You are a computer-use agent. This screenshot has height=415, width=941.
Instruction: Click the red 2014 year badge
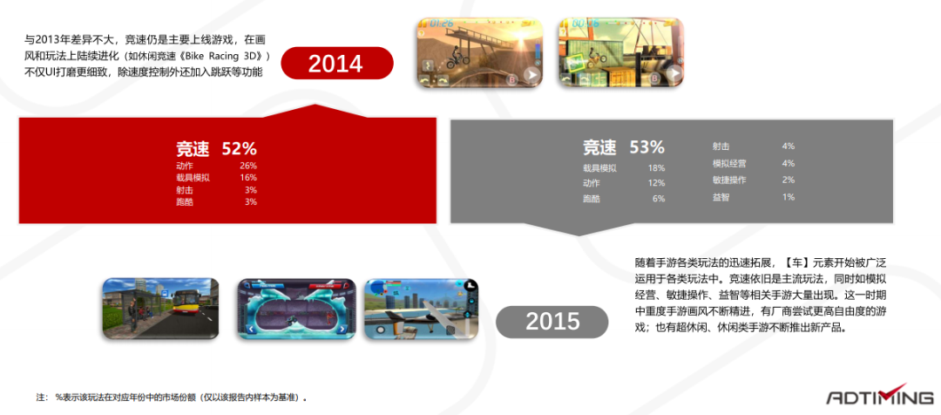[336, 63]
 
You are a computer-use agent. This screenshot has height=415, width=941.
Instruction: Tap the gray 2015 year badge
[552, 322]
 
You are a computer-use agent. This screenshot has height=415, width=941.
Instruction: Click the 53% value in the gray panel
[647, 147]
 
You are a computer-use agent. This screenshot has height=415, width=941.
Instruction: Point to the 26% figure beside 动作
[248, 166]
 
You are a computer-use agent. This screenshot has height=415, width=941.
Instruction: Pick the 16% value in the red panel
[248, 178]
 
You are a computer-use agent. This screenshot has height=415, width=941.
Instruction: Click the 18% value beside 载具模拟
[657, 169]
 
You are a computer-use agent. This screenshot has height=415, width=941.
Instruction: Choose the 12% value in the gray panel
[657, 183]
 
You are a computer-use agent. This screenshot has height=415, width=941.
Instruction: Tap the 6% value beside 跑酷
[659, 199]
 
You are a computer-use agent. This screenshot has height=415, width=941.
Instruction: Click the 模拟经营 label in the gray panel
[729, 163]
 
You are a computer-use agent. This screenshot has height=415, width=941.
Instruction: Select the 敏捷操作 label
[729, 180]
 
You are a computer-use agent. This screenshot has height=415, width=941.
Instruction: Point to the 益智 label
[721, 197]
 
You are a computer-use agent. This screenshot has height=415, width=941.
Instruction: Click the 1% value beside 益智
[789, 197]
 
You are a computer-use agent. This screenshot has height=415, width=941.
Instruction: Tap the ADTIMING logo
[880, 396]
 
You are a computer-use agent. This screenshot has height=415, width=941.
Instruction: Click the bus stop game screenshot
[160, 308]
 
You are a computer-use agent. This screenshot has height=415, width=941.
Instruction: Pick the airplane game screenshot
[422, 308]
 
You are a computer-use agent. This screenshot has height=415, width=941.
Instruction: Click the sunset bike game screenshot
[480, 52]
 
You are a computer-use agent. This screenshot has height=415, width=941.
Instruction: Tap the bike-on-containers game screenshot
[621, 52]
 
